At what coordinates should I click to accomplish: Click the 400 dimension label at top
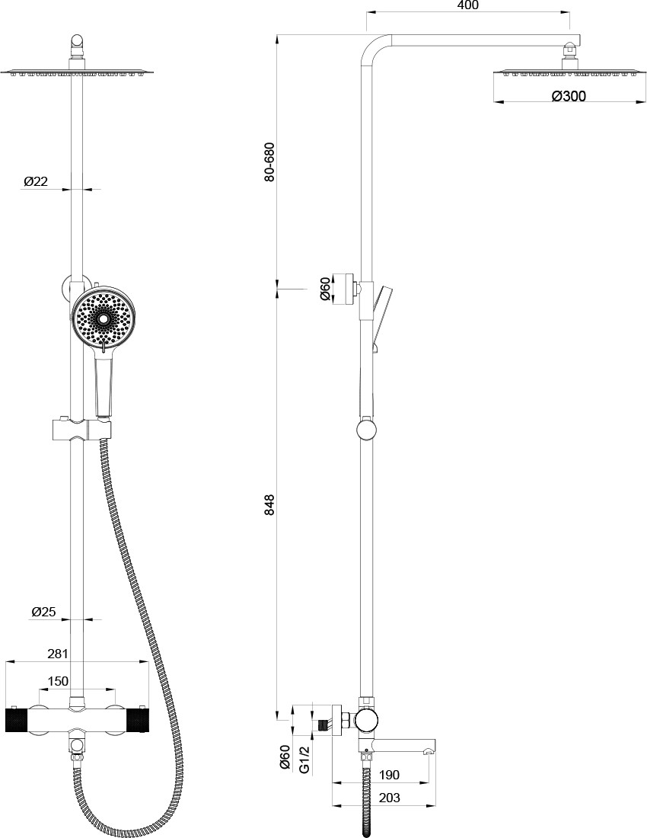(467, 5)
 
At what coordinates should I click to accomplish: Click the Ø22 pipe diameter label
(36, 182)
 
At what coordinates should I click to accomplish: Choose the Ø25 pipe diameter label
(43, 612)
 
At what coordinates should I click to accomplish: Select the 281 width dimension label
(57, 654)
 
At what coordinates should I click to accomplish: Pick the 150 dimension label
(58, 681)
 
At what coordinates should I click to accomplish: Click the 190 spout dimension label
(389, 775)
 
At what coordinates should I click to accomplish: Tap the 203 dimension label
(389, 798)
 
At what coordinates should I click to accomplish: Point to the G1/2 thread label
(304, 760)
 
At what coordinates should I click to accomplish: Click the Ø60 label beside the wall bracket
(325, 289)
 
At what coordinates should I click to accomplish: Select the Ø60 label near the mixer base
(285, 759)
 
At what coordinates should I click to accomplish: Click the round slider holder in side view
(367, 430)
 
